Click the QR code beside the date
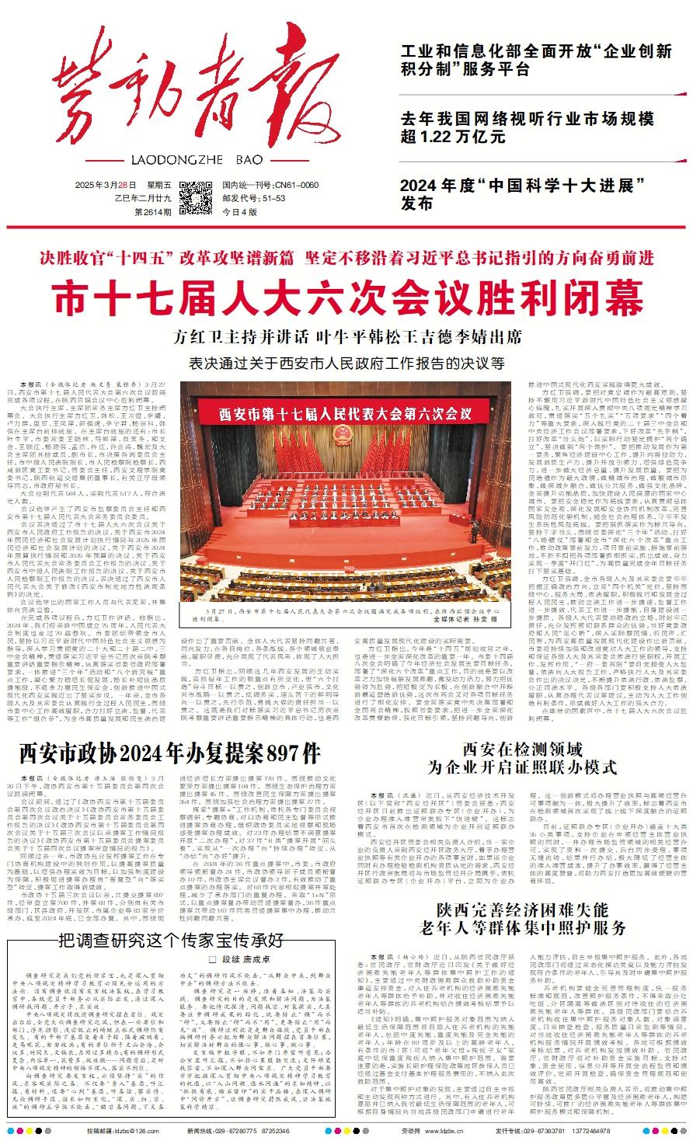point(196,197)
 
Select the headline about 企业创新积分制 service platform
point(536,60)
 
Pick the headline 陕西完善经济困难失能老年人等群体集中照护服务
point(522,918)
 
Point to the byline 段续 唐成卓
point(174,959)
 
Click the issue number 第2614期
point(155,211)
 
